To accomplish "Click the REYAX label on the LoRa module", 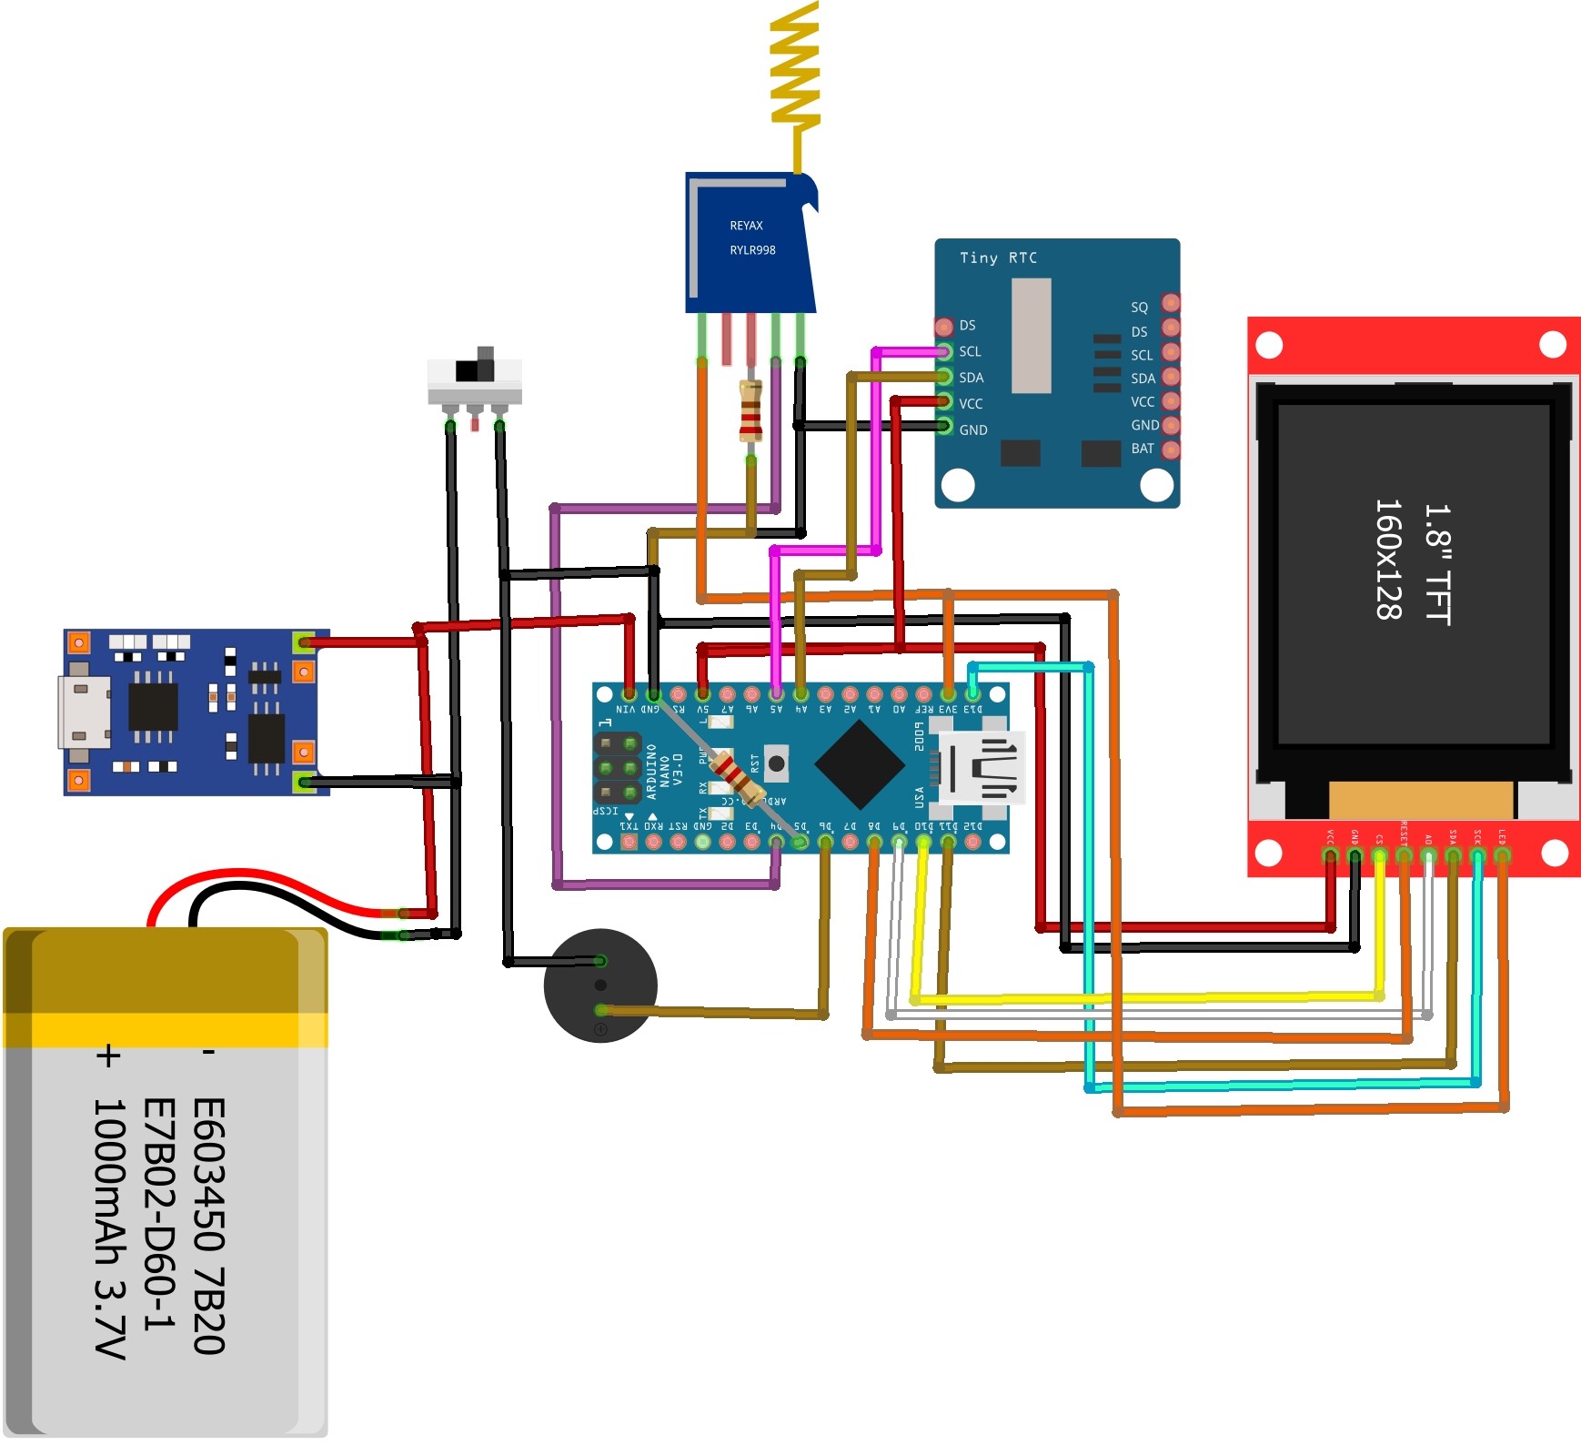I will [x=746, y=226].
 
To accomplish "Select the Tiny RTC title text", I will [x=998, y=258].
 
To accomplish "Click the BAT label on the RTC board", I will [x=1143, y=449].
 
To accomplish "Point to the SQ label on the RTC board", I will [x=1140, y=308].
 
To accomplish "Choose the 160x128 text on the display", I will [x=1388, y=560].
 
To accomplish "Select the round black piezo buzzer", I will [x=599, y=985].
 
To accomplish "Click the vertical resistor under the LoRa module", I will [x=750, y=412].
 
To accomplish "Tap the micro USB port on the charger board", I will [x=84, y=712].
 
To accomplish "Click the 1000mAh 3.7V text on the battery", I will [x=109, y=1228].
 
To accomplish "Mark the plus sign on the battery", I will [x=107, y=1056].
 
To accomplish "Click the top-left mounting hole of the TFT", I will [x=1269, y=346].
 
